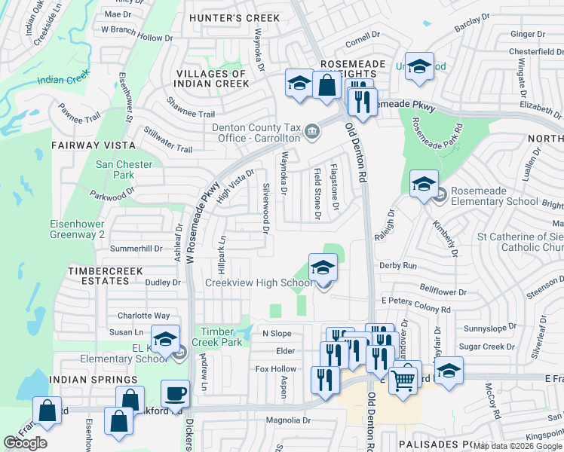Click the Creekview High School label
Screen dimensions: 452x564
(x=259, y=283)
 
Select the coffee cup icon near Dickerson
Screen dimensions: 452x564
(x=175, y=393)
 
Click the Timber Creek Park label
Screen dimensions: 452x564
(x=220, y=337)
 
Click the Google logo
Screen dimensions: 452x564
(x=25, y=443)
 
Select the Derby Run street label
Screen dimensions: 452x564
(x=398, y=266)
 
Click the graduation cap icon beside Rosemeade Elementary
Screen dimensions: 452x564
(x=424, y=183)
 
